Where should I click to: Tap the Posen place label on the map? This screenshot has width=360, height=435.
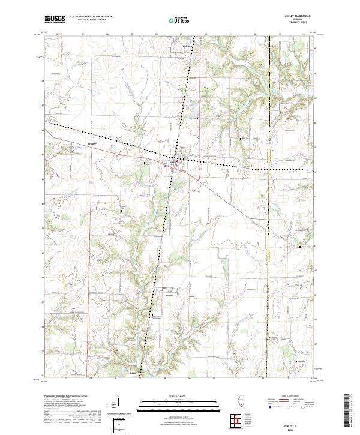74,145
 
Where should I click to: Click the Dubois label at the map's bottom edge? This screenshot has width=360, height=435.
136,373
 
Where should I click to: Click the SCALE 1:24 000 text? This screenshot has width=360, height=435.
179,395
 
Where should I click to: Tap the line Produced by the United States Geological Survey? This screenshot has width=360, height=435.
66,397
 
